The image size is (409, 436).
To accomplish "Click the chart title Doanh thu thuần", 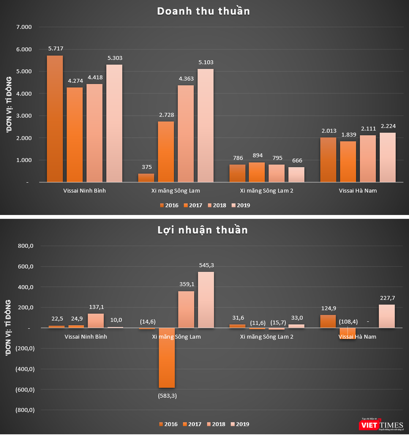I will point(203,11).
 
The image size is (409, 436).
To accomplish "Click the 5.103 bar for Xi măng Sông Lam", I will point(206,125).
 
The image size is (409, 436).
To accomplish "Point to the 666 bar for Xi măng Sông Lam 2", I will point(297,175).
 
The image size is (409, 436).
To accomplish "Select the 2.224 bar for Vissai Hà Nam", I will point(388,157).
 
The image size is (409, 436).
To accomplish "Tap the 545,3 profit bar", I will point(206,300).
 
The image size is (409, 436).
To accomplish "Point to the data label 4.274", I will point(75,82).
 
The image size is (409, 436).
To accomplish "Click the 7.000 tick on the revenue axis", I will point(24,27).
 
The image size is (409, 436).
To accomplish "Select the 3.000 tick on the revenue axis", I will point(24,116).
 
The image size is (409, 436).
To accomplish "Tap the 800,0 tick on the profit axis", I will point(24,246).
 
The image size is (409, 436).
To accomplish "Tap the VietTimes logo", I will point(380,424).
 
